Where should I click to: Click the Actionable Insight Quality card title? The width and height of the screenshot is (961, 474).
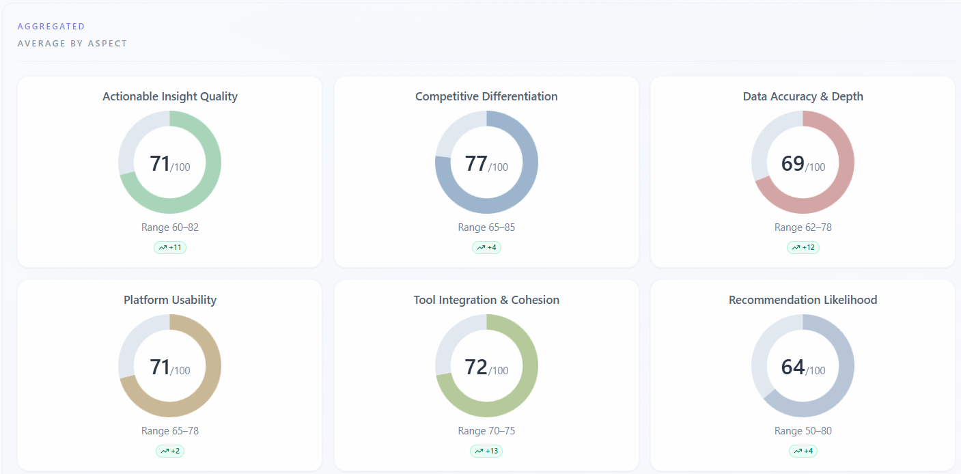coord(170,96)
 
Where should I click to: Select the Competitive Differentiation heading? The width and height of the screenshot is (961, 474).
coord(486,96)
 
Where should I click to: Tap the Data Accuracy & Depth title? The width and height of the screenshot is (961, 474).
coord(803,96)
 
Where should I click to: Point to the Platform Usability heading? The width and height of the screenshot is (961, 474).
coord(170,300)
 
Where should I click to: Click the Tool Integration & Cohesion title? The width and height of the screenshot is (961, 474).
coord(486,300)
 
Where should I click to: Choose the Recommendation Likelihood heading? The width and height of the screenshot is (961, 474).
coord(803,300)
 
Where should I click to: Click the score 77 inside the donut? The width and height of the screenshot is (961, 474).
coord(477,164)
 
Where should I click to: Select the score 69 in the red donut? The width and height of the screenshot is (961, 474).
coord(793,164)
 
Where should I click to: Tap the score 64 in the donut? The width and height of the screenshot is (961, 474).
coord(793,367)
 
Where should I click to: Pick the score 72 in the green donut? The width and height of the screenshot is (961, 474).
coord(477,367)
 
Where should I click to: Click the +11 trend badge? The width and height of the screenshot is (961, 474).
coord(170,247)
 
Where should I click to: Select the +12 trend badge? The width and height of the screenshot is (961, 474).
coord(803,247)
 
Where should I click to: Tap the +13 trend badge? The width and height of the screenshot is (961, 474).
coord(486,451)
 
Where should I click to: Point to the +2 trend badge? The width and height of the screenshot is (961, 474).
coord(170,451)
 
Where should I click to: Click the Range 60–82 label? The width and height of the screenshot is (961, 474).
coord(170,227)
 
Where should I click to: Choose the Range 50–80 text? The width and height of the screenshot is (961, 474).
coord(803,431)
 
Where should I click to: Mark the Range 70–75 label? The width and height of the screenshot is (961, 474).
coord(486,431)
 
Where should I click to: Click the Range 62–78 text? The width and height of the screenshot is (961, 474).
coord(803,227)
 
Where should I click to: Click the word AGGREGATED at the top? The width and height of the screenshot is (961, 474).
coord(51,27)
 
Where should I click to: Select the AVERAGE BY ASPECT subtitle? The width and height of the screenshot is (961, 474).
coord(72,44)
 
